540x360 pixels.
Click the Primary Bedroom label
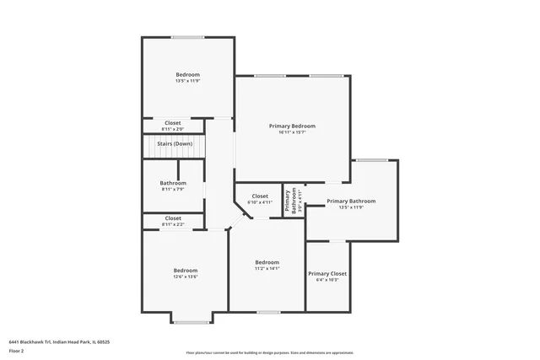pyautogui.click(x=292, y=126)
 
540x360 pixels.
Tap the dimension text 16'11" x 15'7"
pyautogui.click(x=292, y=132)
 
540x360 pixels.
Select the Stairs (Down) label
pyautogui.click(x=175, y=144)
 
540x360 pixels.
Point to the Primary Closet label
pyautogui.click(x=327, y=273)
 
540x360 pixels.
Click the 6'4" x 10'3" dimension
pyautogui.click(x=327, y=280)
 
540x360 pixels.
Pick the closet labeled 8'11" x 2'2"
pyautogui.click(x=173, y=221)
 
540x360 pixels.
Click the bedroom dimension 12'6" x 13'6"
pyautogui.click(x=186, y=277)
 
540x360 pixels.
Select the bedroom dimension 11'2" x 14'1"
pyautogui.click(x=267, y=268)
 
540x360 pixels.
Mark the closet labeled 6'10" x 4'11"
pyautogui.click(x=260, y=199)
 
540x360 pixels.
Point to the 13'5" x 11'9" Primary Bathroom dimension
pyautogui.click(x=350, y=207)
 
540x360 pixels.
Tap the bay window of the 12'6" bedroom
pyautogui.click(x=192, y=323)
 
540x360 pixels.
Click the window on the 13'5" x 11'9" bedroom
pyautogui.click(x=188, y=37)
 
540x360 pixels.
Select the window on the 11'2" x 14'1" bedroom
pyautogui.click(x=268, y=312)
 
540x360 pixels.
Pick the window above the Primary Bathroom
pyautogui.click(x=371, y=159)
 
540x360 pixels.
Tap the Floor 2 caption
pyautogui.click(x=17, y=350)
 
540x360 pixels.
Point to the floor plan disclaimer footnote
pyautogui.click(x=269, y=353)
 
